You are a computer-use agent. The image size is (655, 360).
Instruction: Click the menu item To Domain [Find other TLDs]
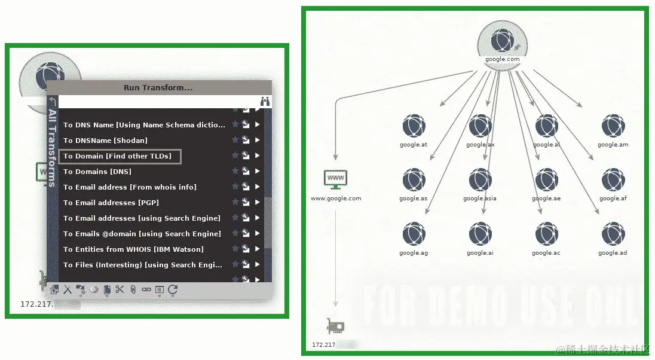coord(117,156)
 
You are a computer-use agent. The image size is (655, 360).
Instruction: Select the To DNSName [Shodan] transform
coord(105,141)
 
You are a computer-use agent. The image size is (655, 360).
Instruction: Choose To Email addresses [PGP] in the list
coord(111,203)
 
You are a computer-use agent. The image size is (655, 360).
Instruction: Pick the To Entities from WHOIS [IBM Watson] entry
coord(133,249)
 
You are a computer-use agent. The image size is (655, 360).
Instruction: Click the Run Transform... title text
coord(158,87)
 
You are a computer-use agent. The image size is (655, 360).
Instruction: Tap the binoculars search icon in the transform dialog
coord(265,102)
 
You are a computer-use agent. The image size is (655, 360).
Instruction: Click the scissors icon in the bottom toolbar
coord(120,290)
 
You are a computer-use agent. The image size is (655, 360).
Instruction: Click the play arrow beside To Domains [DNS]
coord(258,172)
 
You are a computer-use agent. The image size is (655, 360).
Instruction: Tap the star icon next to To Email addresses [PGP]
coord(235,203)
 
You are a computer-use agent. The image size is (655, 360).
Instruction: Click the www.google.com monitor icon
coord(335,179)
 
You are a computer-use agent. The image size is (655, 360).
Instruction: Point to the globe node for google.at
coord(414,126)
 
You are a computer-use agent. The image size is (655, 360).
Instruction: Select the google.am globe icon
coord(613,126)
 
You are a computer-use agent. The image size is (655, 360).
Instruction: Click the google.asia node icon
coord(480,180)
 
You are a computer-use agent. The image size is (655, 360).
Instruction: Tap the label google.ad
coord(613,253)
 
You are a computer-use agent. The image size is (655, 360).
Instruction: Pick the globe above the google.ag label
coord(414,234)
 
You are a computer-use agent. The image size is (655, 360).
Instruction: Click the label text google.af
coord(613,199)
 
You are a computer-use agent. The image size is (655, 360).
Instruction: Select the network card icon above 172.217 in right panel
coord(335,326)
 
